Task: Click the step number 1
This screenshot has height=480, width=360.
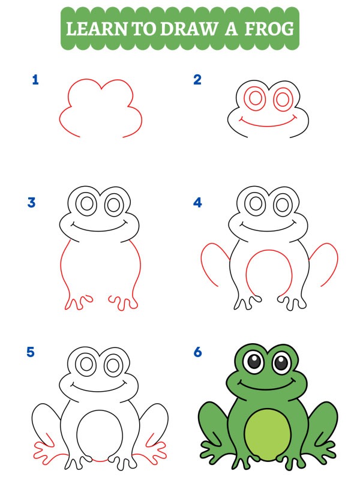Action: pos(35,80)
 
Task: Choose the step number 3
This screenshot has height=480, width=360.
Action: pos(31,203)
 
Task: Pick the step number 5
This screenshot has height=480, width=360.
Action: pos(31,352)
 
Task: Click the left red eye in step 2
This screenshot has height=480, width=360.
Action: pos(256,98)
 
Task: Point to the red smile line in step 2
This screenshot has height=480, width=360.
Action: pos(269,125)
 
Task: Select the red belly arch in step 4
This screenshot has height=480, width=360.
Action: pos(269,254)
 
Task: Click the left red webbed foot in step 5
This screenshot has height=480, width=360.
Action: pos(47,450)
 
